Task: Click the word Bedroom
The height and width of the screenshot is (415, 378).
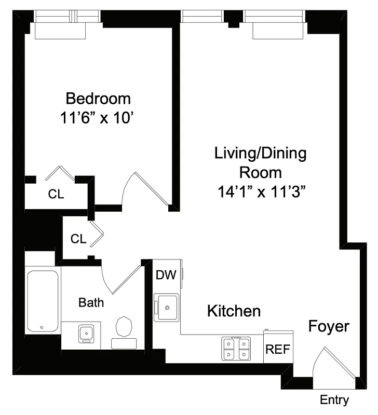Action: tap(98, 98)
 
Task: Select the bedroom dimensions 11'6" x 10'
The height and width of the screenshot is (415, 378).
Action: tap(98, 118)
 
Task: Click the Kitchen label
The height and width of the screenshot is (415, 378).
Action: tap(234, 311)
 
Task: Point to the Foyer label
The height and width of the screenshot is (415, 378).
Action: tap(329, 327)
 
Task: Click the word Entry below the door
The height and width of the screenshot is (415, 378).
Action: tap(334, 400)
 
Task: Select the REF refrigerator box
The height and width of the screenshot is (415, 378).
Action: tap(278, 349)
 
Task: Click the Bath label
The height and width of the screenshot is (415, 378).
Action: tap(91, 302)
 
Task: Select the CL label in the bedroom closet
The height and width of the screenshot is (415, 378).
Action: tap(56, 195)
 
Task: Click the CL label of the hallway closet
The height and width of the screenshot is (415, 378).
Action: tap(78, 239)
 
